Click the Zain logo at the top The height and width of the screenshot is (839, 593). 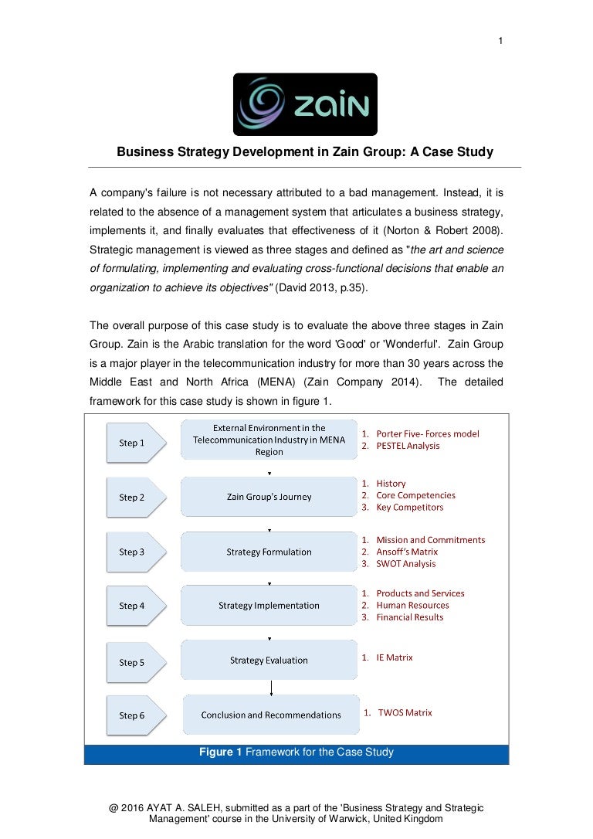point(305,104)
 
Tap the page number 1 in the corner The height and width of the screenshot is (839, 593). point(501,42)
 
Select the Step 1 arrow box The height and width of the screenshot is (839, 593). point(132,443)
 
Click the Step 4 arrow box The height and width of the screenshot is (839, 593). point(132,606)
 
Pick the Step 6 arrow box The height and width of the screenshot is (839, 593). point(132,715)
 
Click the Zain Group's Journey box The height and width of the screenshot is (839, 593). point(269,497)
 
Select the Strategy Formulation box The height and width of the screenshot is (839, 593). point(269,552)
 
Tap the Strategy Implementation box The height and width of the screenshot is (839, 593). point(269,606)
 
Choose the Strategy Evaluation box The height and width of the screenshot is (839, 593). point(269,661)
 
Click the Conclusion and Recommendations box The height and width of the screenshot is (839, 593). point(271,715)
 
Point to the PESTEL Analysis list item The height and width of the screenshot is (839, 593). point(407,446)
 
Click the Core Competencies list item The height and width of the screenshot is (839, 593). point(415,495)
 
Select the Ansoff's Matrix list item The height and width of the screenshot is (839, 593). point(407,552)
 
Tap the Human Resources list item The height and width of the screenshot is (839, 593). point(412,606)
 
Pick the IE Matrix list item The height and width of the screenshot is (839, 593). point(394,657)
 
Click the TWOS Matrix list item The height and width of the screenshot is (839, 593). point(405,712)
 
